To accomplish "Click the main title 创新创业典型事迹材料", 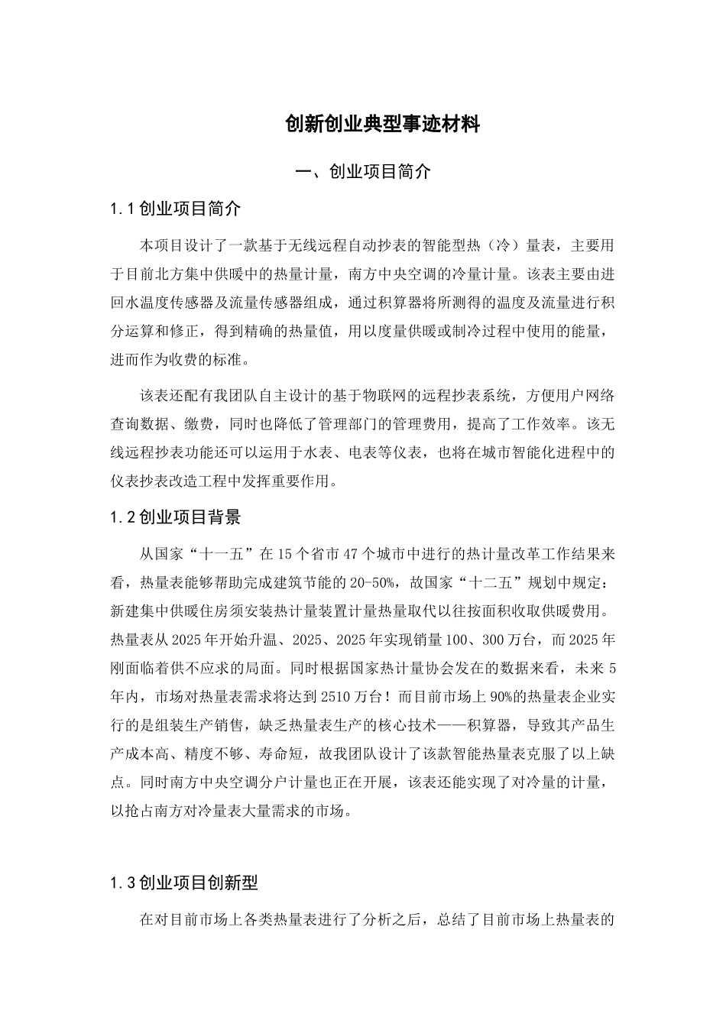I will coord(382,124).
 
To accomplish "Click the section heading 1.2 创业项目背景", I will coord(176,517).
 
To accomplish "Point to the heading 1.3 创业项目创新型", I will coord(184,883).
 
